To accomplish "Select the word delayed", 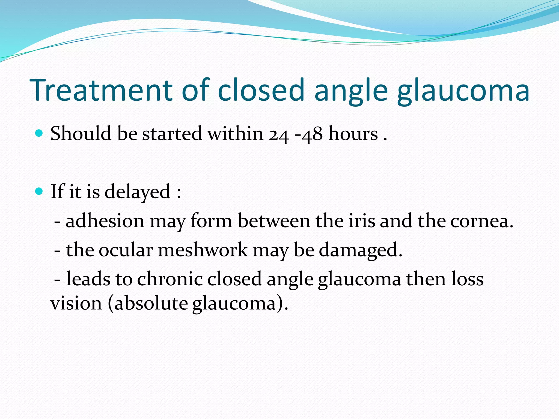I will pos(138,191).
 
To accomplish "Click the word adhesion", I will pos(105,221).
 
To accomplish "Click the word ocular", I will pos(126,250).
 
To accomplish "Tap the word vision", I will pos(76,303).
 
